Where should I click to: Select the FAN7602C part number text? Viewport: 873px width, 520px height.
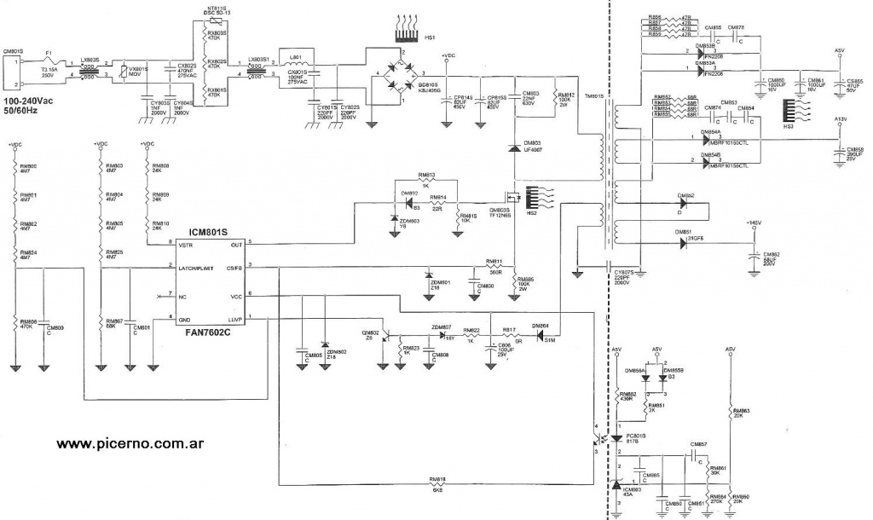coord(211,335)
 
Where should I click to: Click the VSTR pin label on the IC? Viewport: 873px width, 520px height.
coord(185,245)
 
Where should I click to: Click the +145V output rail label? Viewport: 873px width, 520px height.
coord(753,223)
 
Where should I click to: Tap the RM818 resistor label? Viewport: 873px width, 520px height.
coord(438,480)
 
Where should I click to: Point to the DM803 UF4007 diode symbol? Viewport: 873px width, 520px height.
coord(514,148)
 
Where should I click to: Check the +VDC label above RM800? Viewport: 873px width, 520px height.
coord(15,144)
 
